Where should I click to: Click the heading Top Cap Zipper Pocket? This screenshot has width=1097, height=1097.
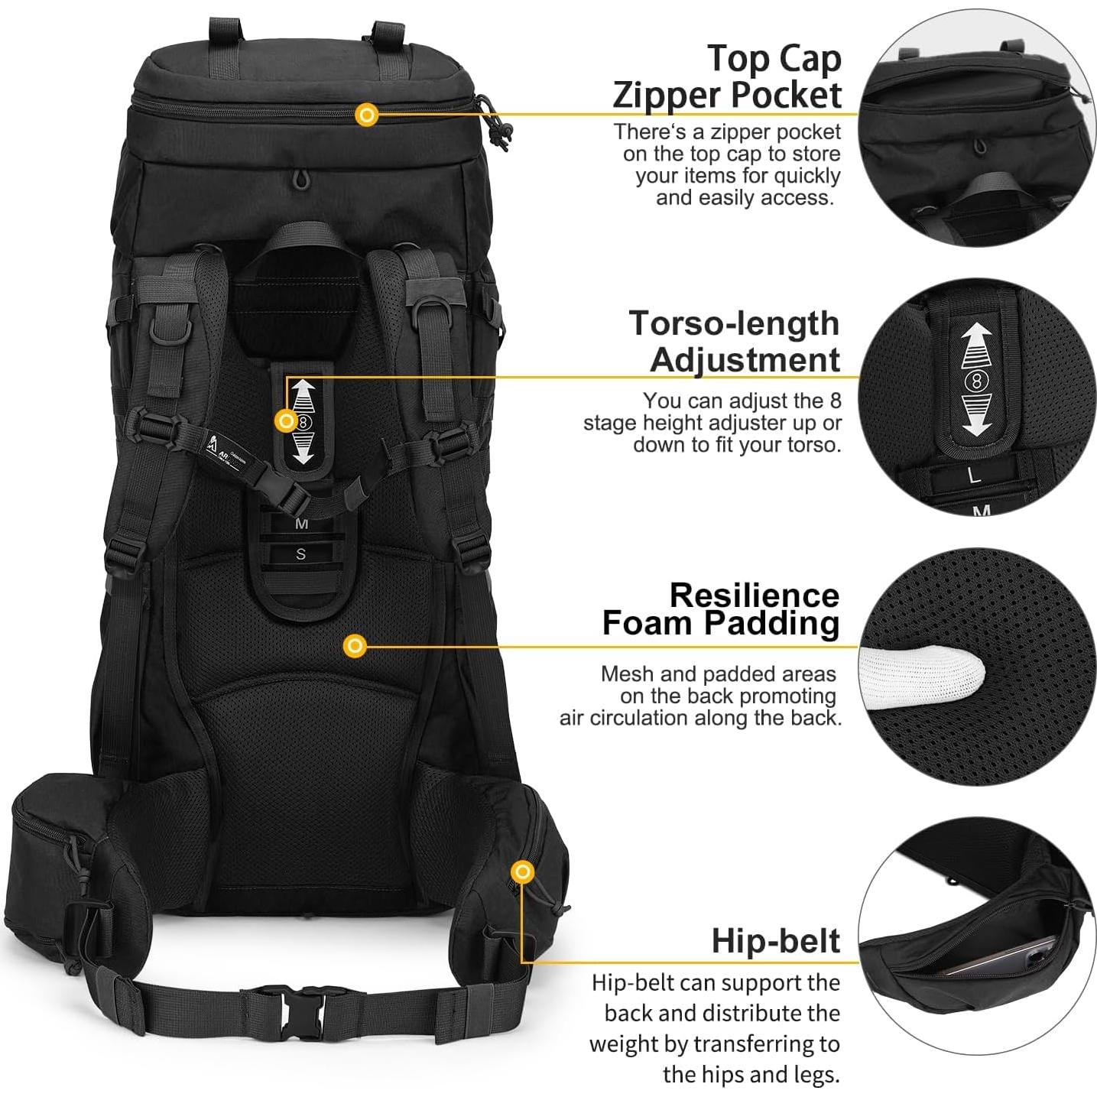click(x=726, y=76)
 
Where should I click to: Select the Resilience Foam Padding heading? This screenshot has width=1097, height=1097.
click(x=721, y=609)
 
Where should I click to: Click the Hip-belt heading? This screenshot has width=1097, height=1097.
click(x=775, y=940)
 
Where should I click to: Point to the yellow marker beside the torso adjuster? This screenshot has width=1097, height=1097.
click(x=287, y=420)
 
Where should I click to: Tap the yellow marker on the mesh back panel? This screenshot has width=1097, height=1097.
click(x=355, y=646)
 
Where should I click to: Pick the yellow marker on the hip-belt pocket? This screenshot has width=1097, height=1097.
click(x=523, y=871)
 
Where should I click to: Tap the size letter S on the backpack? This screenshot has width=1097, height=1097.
click(x=301, y=554)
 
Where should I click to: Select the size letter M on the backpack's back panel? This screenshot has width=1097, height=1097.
click(x=301, y=524)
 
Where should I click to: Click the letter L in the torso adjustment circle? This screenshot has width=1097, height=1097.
click(x=974, y=475)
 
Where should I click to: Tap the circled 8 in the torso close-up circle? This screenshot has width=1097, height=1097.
click(x=975, y=380)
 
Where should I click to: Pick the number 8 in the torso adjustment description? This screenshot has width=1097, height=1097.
click(x=835, y=401)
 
